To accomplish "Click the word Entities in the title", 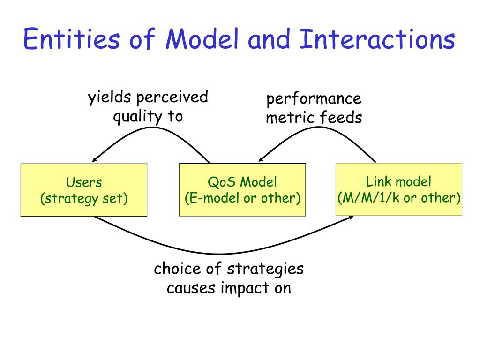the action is pos(72,39).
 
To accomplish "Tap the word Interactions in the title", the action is pos(377,39).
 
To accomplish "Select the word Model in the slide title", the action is pos(202,39).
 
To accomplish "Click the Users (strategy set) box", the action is pos(84,190).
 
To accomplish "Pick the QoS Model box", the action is pos(242,190).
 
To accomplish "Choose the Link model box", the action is pos(399,189).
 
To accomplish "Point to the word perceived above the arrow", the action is pos(172,97).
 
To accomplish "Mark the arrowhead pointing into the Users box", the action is pos(95,159).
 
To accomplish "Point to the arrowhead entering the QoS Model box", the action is pos(261,158).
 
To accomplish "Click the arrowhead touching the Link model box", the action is pos(351,217).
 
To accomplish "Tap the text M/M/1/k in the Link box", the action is pos(371,198).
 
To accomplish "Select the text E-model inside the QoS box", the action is pos(214,198).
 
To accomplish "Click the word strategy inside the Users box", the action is pos(72,199).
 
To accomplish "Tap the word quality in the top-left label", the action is pos(138,117).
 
